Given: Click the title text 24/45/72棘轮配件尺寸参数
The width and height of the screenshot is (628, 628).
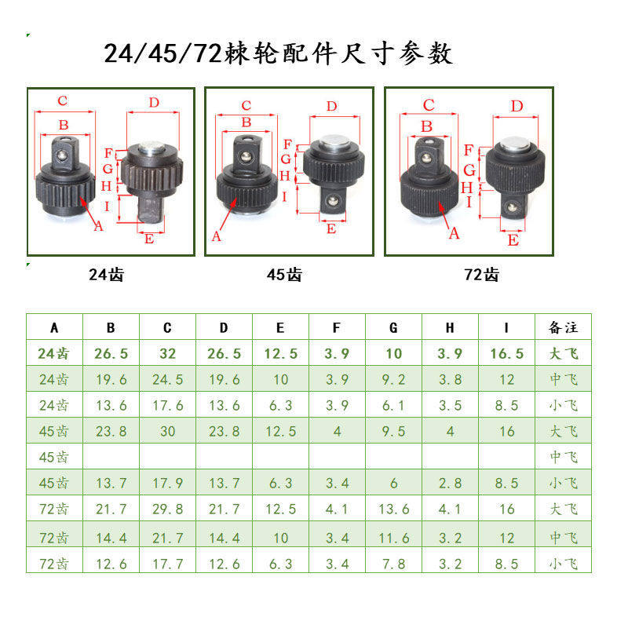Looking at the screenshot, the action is (279, 54).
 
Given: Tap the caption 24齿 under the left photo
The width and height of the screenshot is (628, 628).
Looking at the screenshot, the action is (106, 275).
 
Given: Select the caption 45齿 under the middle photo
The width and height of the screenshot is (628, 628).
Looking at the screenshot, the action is (283, 275).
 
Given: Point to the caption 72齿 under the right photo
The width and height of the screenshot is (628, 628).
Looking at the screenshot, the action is (481, 275).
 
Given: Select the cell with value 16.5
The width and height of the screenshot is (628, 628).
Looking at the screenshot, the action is (506, 354).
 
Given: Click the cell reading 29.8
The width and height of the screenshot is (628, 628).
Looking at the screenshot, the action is (167, 509).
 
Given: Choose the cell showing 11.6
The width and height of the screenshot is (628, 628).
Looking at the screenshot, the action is (393, 537).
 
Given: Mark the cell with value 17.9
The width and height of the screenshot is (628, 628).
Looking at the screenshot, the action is (167, 484).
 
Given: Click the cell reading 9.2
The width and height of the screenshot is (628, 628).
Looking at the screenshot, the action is (393, 380).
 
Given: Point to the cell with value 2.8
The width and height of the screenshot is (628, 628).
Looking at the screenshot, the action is (450, 484).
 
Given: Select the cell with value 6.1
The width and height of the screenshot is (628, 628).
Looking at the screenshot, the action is (393, 406).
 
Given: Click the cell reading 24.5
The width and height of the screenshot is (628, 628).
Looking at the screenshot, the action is (167, 380).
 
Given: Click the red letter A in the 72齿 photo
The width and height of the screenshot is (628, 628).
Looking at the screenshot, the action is (453, 233).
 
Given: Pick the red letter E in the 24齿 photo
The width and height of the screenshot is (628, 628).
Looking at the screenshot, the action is (149, 239).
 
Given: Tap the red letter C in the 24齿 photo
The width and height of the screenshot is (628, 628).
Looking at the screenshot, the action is (62, 100).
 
